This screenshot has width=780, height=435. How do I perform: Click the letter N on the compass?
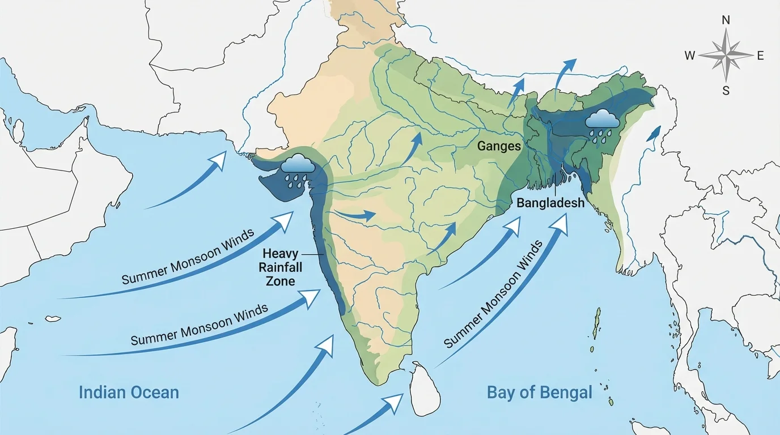726,20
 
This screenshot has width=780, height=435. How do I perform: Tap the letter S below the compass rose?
726,91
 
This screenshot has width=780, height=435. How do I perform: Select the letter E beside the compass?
760,56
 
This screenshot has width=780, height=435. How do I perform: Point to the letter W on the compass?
690,56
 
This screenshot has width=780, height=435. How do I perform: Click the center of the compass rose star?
726,56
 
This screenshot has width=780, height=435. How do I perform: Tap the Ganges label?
499,146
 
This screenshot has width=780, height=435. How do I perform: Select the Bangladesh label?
550,202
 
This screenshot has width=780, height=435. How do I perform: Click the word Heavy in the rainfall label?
280,255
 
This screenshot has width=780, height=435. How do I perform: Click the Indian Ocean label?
129,392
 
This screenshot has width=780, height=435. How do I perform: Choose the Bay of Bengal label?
539,392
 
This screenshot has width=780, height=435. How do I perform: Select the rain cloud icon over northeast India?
602,123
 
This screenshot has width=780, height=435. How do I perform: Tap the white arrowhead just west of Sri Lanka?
394,402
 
